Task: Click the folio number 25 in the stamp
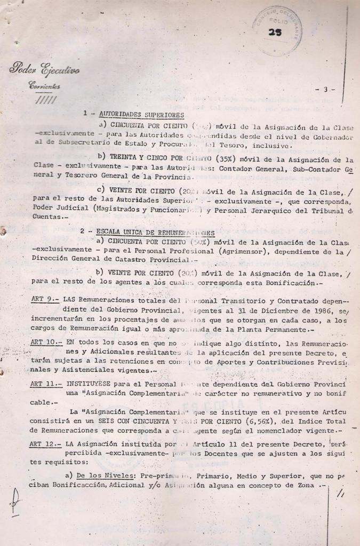tap(276, 33)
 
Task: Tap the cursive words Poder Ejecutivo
tap(44, 69)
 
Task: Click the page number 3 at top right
tap(325, 90)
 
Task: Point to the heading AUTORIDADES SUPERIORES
tap(140, 114)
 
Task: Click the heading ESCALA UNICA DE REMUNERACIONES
tap(155, 232)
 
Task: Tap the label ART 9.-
tap(45, 299)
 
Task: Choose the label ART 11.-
tap(46, 384)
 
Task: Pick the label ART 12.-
tap(46, 444)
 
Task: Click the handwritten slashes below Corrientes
tap(43, 100)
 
